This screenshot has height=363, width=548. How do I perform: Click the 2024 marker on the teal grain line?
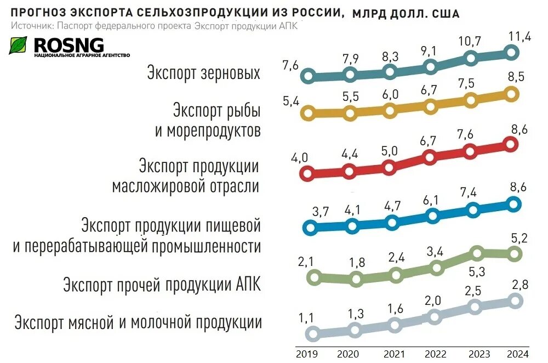pyautogui.click(x=512, y=52)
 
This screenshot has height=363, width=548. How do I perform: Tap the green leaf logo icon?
pyautogui.click(x=18, y=46)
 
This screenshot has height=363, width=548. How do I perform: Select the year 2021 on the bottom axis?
pyautogui.click(x=395, y=354)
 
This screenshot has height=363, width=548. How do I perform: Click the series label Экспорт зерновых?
pyautogui.click(x=203, y=73)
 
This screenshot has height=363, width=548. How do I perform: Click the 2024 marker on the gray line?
pyautogui.click(x=516, y=300)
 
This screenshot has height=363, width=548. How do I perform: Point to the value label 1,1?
pyautogui.click(x=307, y=317)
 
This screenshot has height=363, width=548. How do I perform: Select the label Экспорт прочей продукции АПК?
pyautogui.click(x=162, y=285)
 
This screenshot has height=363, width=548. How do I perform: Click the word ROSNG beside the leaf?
pyautogui.click(x=68, y=44)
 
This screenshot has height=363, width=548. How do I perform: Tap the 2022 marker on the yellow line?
pyautogui.click(x=431, y=106)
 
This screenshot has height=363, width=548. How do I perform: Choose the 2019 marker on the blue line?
pyautogui.click(x=310, y=227)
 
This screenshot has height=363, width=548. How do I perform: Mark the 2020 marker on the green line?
pyautogui.click(x=356, y=279)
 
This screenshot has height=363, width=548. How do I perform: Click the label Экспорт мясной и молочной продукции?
pyautogui.click(x=138, y=322)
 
